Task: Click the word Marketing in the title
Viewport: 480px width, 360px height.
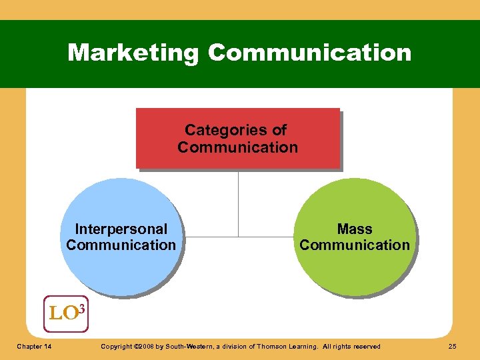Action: coord(133,53)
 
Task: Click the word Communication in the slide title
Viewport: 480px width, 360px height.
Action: coord(309,53)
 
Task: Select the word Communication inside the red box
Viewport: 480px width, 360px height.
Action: coord(238,147)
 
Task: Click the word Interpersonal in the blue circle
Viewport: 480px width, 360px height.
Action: coord(121,229)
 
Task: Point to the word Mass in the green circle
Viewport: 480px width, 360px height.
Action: coord(355,229)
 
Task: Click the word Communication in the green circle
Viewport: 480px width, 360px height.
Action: coord(355,245)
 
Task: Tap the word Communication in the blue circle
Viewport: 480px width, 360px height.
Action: coord(121,245)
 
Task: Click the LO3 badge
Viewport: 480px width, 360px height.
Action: coord(65,313)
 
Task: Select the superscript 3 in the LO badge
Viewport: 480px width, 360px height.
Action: coord(81,307)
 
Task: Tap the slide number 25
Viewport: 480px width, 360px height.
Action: coord(453,346)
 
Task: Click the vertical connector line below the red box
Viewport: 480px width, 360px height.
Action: coord(238,200)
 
